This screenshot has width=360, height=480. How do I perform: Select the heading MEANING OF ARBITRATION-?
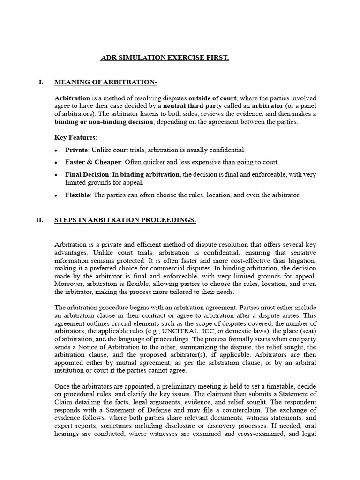pos(106,82)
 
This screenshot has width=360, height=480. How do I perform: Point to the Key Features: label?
pos(76,138)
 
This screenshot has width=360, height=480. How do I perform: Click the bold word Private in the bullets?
pos(77,150)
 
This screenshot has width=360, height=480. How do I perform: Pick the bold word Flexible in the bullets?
pos(78,195)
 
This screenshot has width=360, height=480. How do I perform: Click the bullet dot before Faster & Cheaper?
pos(56,163)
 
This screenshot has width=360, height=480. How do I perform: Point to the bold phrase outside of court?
pos(213,98)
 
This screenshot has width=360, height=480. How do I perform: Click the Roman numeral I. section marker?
pos(41,82)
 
